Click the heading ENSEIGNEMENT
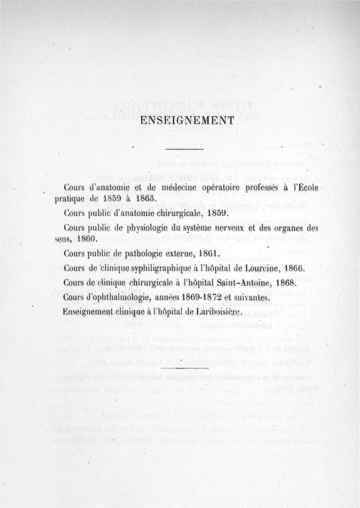[x=187, y=120]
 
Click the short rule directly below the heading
[x=185, y=150]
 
